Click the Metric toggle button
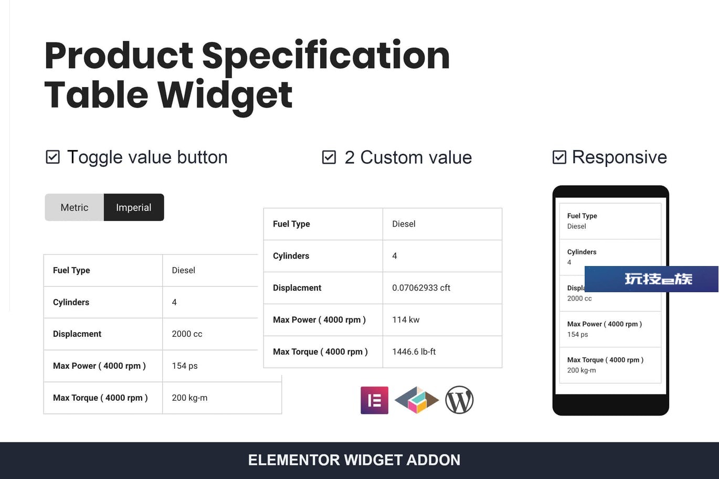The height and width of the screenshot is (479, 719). point(74,207)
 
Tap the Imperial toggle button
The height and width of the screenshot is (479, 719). point(134,207)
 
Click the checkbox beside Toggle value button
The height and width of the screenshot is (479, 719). point(52,157)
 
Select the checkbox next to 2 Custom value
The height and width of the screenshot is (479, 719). point(329,157)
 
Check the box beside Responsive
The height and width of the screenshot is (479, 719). point(559,157)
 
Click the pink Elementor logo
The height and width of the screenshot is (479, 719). point(374,400)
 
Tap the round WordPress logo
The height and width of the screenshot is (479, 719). point(459,400)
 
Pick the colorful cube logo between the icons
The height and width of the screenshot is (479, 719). point(417,400)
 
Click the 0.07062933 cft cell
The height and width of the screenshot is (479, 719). point(421,288)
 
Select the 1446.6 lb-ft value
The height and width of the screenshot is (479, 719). point(414,352)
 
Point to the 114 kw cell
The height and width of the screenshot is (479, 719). point(406,320)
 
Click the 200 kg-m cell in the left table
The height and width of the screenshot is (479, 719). point(189,398)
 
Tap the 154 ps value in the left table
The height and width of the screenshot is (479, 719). point(185,366)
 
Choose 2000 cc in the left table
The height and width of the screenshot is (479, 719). point(187,334)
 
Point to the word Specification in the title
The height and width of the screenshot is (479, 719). point(326,57)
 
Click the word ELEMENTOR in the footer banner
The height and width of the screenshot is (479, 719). point(294,460)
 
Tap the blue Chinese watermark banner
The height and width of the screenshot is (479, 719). point(652,279)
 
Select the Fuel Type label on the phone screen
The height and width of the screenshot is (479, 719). point(582,216)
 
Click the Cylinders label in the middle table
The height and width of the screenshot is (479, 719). point(291,256)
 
